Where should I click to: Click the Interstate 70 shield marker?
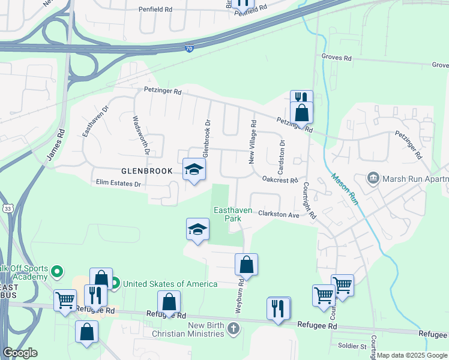[189, 49]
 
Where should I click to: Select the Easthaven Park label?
[228, 214]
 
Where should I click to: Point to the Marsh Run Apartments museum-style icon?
[373, 178]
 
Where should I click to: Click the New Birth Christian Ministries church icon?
[234, 329]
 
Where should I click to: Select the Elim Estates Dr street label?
[117, 183]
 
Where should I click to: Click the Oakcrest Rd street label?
[280, 180]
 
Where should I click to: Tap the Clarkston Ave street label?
[279, 214]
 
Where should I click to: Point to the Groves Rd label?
[336, 58]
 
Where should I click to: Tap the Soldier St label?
[353, 346]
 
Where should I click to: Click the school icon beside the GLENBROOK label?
[194, 170]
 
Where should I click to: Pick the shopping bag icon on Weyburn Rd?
[246, 263]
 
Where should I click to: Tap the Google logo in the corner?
[20, 353]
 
